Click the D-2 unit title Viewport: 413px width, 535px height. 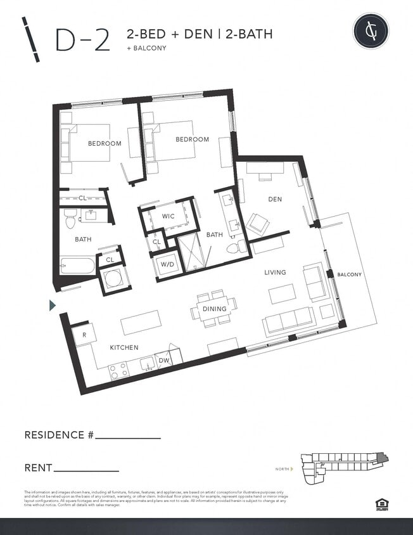82,40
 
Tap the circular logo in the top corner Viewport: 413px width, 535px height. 371,30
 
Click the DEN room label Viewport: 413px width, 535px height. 274,199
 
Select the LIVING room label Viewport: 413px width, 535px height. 275,273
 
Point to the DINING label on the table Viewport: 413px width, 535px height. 215,309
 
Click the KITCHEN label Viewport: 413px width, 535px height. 124,347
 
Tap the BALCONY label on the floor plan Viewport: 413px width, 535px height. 349,274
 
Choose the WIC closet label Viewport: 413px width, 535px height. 168,216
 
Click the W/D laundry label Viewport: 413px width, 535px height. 168,264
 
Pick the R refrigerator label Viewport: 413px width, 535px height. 84,333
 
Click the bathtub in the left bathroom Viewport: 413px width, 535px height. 77,264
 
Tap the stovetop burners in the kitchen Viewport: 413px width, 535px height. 118,371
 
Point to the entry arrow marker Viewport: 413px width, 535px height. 53,306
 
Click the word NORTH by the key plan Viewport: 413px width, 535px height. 283,469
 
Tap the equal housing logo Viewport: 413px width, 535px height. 381,504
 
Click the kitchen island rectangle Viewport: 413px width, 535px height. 141,322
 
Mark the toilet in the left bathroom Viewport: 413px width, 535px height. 70,219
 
